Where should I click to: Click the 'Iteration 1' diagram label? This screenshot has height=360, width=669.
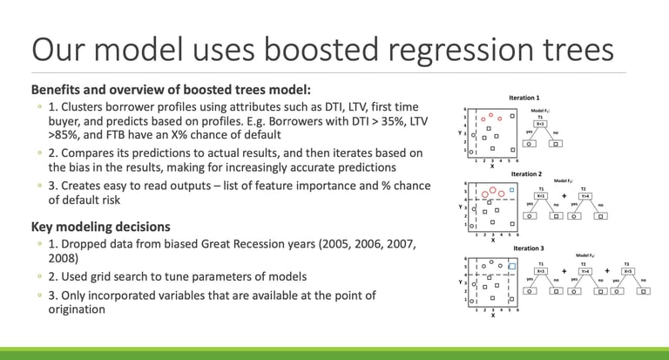tap(524, 98)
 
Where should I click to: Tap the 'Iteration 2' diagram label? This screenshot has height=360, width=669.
tap(524, 174)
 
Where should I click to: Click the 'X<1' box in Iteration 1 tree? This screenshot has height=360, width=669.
tap(540, 124)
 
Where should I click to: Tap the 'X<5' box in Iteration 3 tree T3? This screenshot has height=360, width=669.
tap(627, 271)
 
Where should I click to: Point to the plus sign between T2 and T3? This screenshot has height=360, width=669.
tap(607, 271)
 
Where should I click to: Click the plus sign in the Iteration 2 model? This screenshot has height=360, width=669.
tap(564, 196)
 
